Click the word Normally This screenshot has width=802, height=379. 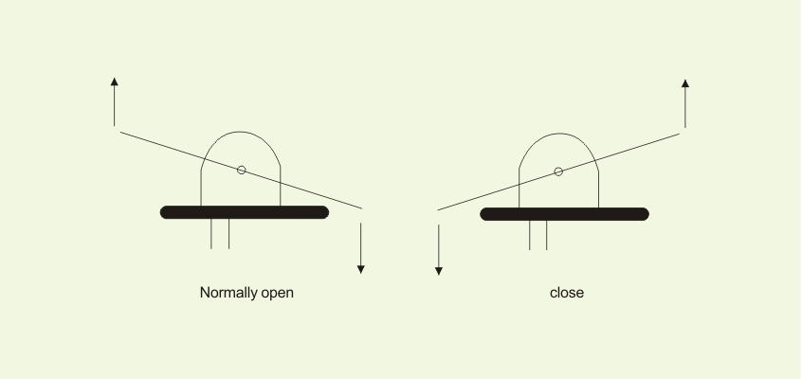click(x=228, y=293)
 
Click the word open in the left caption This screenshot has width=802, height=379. click(x=277, y=294)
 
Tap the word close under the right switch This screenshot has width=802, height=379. click(x=567, y=293)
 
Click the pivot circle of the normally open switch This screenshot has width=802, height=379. click(x=242, y=170)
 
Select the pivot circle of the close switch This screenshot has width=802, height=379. click(x=558, y=171)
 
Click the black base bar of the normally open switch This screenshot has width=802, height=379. click(x=245, y=212)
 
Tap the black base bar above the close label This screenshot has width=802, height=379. click(x=565, y=214)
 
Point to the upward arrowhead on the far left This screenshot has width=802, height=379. click(x=114, y=81)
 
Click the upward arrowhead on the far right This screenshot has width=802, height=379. click(x=685, y=83)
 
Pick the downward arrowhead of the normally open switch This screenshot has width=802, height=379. click(x=360, y=269)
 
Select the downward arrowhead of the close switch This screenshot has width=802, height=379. click(x=438, y=271)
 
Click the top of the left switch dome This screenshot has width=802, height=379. click(x=241, y=132)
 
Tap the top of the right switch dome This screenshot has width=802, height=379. click(x=559, y=134)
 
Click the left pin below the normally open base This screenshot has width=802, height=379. click(x=211, y=234)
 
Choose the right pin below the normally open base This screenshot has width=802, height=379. click(x=228, y=234)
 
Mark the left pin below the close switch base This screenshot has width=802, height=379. click(x=529, y=235)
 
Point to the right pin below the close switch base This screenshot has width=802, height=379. click(x=547, y=235)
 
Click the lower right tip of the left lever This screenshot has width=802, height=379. click(x=361, y=208)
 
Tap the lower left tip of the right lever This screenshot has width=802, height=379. click(x=438, y=209)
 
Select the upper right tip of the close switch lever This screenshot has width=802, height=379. click(x=680, y=134)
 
